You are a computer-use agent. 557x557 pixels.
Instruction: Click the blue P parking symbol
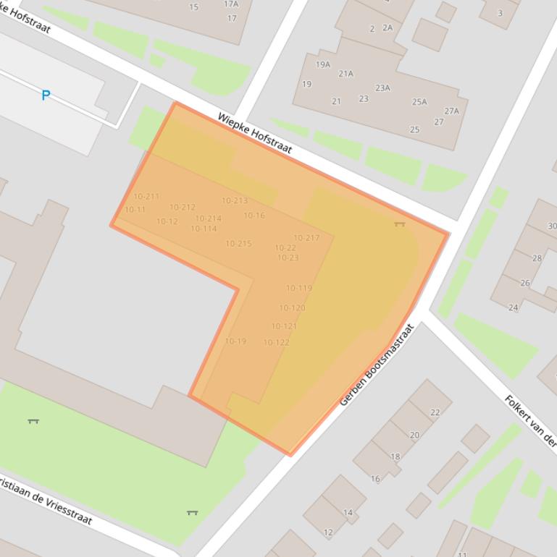(46, 95)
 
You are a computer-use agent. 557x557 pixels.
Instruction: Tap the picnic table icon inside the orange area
(399, 224)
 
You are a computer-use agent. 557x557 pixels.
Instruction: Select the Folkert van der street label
(530, 422)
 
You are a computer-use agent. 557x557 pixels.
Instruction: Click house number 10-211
(146, 197)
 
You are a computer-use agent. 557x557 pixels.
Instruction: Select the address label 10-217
(306, 238)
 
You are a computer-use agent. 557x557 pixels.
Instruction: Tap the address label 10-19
(235, 341)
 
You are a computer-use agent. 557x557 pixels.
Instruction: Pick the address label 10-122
(276, 343)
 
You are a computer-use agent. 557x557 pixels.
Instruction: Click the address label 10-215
(238, 244)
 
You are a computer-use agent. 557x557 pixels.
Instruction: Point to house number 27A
(452, 111)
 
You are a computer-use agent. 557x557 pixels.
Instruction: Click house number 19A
(323, 64)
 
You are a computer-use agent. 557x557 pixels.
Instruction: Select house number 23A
(382, 88)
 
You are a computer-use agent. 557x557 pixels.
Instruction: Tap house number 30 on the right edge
(552, 226)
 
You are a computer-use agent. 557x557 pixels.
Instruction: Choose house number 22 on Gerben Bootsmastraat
(435, 413)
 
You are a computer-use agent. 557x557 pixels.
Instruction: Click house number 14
(348, 513)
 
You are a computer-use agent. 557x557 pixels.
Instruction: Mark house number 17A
(231, 4)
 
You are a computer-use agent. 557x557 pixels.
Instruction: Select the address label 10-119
(298, 289)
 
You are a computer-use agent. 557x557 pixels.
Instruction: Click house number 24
(513, 307)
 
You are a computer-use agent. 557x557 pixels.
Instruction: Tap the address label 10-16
(254, 216)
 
